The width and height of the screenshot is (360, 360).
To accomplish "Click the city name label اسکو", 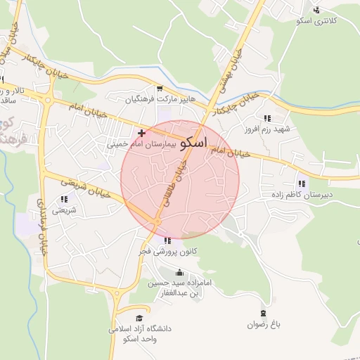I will (193, 143).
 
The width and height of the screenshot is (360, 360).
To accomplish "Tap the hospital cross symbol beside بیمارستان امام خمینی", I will (142, 133).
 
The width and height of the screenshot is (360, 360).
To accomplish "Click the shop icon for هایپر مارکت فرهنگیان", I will (160, 89).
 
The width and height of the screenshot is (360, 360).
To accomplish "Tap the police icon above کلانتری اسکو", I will (316, 10).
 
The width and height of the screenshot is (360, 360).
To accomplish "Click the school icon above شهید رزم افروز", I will (266, 118).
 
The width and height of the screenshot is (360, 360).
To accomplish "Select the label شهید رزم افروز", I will (266, 129).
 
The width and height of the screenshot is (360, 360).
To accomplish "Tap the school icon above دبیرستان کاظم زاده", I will (302, 183).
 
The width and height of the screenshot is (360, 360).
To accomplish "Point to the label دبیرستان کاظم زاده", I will (302, 194).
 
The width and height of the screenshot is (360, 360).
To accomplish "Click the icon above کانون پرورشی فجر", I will (167, 240).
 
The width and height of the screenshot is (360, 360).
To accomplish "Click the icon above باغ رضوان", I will (264, 313).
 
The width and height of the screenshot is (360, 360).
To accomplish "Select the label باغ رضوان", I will (264, 324).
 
